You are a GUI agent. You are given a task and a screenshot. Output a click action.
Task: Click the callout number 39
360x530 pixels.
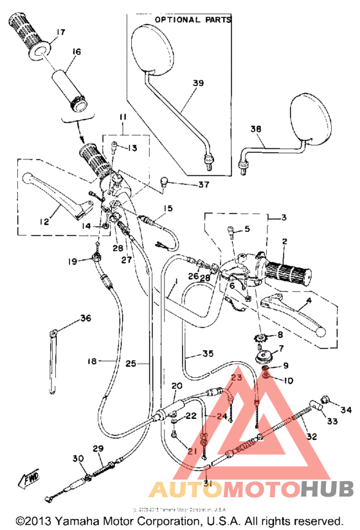click(x=197, y=83)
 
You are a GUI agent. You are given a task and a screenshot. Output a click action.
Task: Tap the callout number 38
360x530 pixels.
click(x=256, y=129)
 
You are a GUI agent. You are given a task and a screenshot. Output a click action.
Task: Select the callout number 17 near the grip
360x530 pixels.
click(x=61, y=31)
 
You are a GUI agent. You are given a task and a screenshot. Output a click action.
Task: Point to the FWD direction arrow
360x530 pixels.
click(x=30, y=479)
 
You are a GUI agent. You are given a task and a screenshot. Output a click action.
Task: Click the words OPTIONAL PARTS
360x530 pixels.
click(x=193, y=20)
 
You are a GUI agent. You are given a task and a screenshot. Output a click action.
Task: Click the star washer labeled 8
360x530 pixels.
click(x=262, y=335)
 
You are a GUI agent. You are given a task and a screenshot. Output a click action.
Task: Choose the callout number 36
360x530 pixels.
click(x=85, y=318)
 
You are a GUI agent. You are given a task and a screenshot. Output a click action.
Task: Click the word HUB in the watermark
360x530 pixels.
click(x=327, y=491)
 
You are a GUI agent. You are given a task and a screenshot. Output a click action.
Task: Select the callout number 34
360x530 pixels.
click(x=346, y=409)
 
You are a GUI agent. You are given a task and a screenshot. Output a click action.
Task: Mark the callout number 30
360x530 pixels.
click(x=78, y=458)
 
